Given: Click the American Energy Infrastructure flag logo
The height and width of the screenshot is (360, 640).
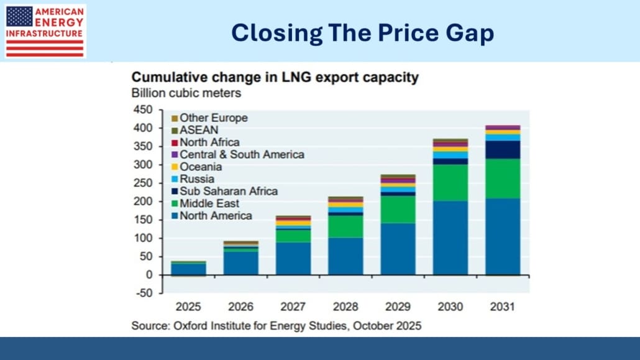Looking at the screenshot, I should (x=45, y=31).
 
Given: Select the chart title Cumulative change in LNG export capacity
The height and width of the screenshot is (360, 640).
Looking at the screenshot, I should (x=274, y=78).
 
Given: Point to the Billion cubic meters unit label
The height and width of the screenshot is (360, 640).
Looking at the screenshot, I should (x=186, y=93).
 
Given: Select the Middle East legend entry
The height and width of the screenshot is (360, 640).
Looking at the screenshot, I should (x=209, y=203).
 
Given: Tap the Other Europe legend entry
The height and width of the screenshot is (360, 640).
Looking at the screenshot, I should (x=213, y=118).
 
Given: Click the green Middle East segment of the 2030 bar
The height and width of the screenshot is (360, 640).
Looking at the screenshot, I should (x=450, y=182).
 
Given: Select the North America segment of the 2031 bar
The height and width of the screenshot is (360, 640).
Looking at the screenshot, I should (x=503, y=236).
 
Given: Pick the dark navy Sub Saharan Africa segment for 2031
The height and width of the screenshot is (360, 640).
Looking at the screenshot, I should (x=503, y=150).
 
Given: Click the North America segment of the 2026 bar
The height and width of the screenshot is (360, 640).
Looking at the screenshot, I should (x=241, y=262).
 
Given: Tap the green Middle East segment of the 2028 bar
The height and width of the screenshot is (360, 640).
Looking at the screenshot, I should (x=345, y=226).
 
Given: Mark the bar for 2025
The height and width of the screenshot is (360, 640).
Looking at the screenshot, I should (x=189, y=268).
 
